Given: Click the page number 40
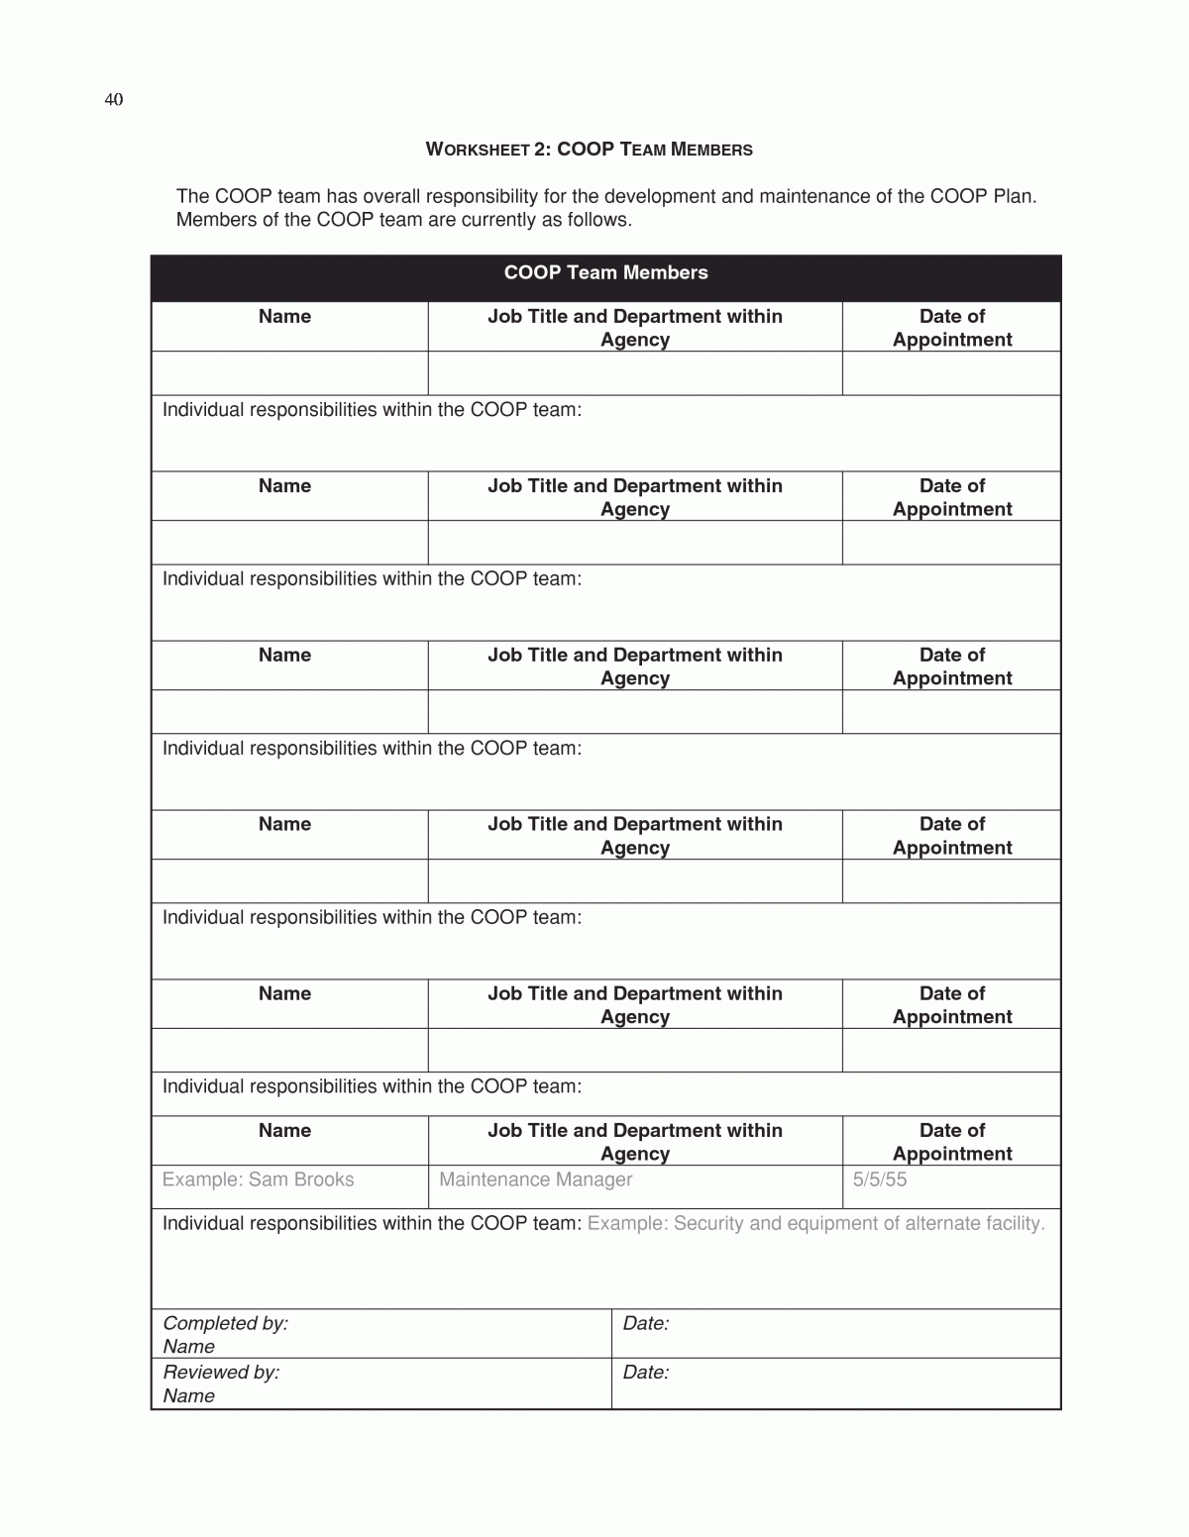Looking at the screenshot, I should click(113, 100).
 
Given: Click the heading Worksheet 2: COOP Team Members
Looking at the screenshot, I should click(589, 150).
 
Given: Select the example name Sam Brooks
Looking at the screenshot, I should click(258, 1179).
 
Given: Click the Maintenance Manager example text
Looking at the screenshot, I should click(535, 1179).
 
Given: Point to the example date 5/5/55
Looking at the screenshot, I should click(880, 1179).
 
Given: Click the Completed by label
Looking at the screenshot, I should click(225, 1323).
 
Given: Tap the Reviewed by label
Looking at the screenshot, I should click(221, 1373).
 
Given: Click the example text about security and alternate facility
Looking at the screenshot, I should click(815, 1224).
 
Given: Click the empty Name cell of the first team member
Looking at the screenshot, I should click(289, 373).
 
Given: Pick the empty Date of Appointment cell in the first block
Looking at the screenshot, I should click(951, 373).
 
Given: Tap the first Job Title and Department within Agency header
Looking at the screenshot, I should click(634, 328).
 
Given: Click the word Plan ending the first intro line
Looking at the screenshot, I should click(1013, 196).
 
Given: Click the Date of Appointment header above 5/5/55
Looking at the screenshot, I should click(951, 1142).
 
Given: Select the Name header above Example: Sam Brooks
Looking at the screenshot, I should click(284, 1131).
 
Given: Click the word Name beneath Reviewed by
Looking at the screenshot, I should click(188, 1396).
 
